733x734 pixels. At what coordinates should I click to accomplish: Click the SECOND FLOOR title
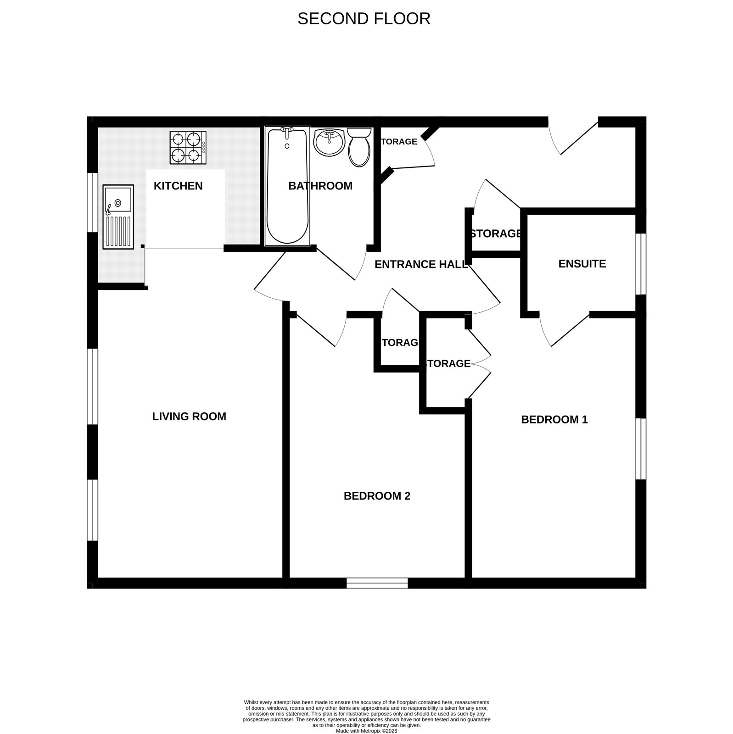point(364,18)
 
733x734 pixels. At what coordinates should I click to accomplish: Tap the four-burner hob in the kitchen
point(188,148)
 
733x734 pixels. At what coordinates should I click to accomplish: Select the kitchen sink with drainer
point(118,217)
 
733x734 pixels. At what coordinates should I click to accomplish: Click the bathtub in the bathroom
point(287,185)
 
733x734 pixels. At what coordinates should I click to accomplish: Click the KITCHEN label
point(178,186)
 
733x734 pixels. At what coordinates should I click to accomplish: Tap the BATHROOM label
point(320,186)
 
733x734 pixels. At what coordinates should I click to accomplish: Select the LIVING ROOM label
point(189,417)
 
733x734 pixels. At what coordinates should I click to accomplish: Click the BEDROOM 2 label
point(377,496)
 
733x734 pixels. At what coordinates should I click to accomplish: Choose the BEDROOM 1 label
point(554,420)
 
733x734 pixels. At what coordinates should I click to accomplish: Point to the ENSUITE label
point(582,264)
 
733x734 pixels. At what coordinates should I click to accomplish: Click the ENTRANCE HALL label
point(421,264)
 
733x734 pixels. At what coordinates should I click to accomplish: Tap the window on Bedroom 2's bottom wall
point(377,583)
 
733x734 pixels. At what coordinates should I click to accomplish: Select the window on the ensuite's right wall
point(641,264)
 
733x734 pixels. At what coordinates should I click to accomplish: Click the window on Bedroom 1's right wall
point(641,449)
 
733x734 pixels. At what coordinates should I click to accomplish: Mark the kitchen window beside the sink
point(93,202)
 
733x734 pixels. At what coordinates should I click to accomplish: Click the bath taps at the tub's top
point(287,132)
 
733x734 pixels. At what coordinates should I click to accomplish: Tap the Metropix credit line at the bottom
point(366,731)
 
